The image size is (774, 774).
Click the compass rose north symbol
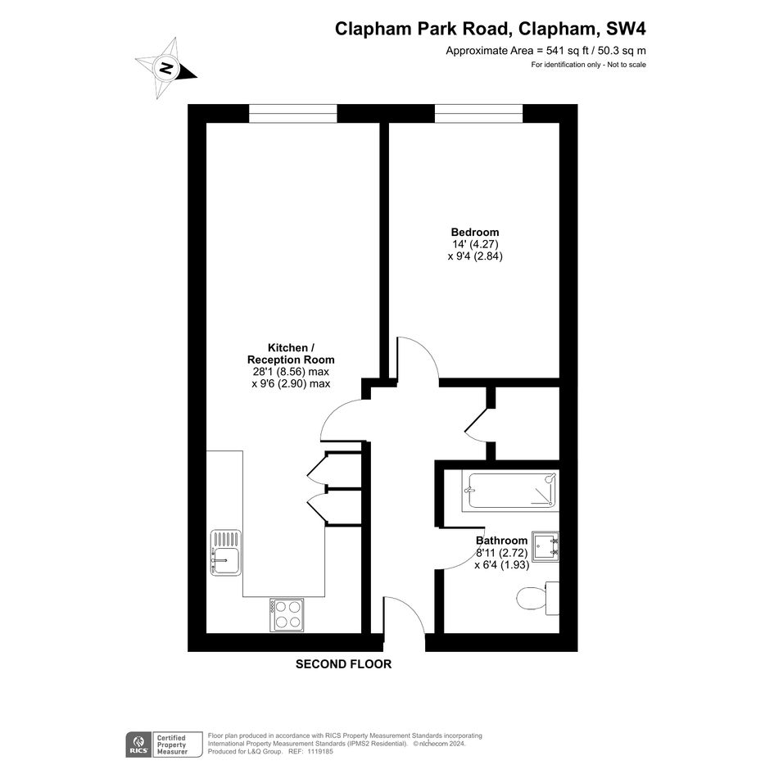[x=166, y=68]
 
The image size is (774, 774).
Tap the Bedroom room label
[x=475, y=232]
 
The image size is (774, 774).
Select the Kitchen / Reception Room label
[x=291, y=354]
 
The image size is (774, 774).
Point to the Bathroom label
[x=501, y=541]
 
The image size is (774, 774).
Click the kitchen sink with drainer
[x=226, y=552]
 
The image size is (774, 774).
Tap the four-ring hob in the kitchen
[x=287, y=614]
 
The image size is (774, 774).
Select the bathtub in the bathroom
[x=510, y=490]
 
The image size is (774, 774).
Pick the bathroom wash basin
[x=545, y=546]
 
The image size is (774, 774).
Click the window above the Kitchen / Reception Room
[x=292, y=114]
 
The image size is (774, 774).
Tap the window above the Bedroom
[x=478, y=114]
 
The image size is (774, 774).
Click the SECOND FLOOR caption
[x=343, y=664]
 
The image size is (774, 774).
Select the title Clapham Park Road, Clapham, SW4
[x=490, y=29]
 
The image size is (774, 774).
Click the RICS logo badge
[x=138, y=745]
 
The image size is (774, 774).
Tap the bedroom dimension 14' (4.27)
[x=475, y=244]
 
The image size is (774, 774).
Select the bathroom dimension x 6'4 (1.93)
[x=502, y=564]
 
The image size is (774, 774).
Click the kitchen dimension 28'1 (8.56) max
[x=291, y=372]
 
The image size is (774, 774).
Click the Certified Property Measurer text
[x=172, y=745]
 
